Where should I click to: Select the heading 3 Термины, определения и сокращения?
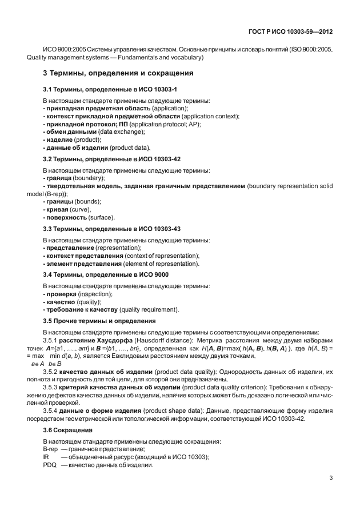click(118, 73)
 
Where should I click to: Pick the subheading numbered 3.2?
click(112, 159)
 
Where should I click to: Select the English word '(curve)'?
click(80, 209)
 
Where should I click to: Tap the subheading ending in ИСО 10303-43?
click(112, 229)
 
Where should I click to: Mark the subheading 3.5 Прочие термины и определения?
click(99, 321)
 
